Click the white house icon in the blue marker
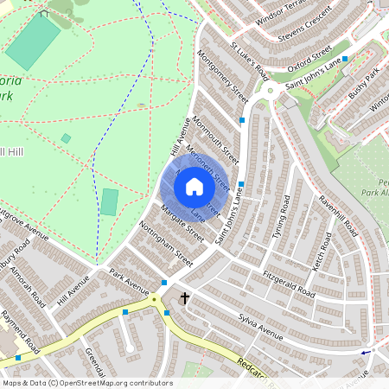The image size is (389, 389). pyautogui.click(x=194, y=186)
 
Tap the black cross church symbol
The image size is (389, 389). pyautogui.click(x=184, y=298)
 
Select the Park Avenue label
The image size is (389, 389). pyautogui.click(x=131, y=281)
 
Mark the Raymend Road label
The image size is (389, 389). pyautogui.click(x=21, y=332)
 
